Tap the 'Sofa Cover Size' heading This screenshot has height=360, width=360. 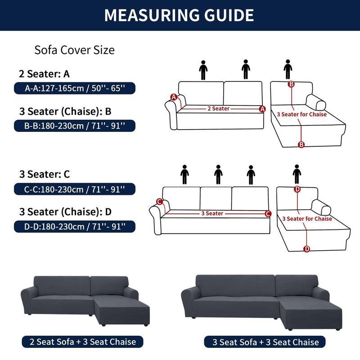pyautogui.click(x=74, y=50)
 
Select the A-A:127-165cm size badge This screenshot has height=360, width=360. pyautogui.click(x=74, y=88)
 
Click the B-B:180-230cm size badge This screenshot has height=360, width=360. pyautogui.click(x=74, y=126)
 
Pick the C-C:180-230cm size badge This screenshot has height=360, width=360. pyautogui.click(x=74, y=189)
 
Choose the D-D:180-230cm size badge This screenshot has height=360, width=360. pyautogui.click(x=74, y=225)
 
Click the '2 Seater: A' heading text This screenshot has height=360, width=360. pyautogui.click(x=44, y=74)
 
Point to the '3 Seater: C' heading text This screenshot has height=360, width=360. pyautogui.click(x=44, y=174)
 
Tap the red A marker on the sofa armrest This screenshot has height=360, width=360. pyautogui.click(x=174, y=97)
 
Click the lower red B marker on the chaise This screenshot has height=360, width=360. pyautogui.click(x=301, y=144)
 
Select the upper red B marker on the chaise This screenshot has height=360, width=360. pyautogui.click(x=291, y=84)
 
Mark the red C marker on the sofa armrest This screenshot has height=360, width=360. pyautogui.click(x=159, y=202)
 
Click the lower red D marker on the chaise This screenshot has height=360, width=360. pyautogui.click(x=307, y=249)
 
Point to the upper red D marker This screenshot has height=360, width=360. pyautogui.click(x=297, y=189)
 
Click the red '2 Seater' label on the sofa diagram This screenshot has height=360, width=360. pyautogui.click(x=218, y=108)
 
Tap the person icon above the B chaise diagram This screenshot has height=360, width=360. pyautogui.click(x=288, y=70)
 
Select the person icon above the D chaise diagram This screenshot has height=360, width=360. pyautogui.click(x=297, y=174)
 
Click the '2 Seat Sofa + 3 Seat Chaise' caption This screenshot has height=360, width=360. pyautogui.click(x=82, y=342)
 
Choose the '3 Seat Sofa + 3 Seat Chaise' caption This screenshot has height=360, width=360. pyautogui.click(x=265, y=342)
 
